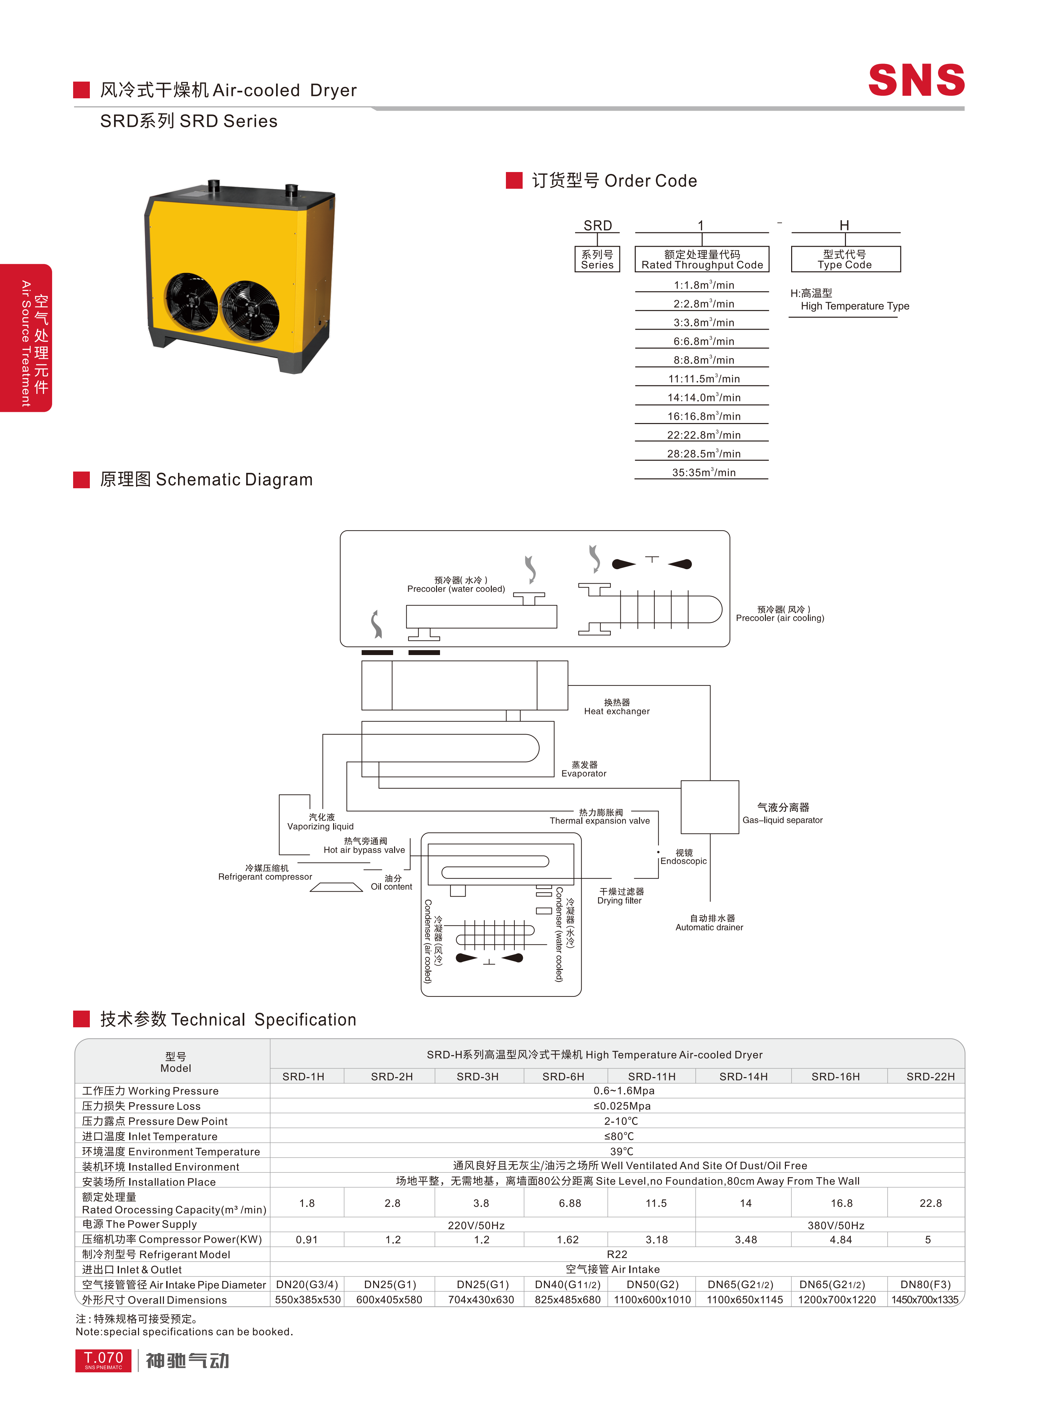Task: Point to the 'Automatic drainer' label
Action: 710,923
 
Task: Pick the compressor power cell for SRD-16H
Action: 841,1239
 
